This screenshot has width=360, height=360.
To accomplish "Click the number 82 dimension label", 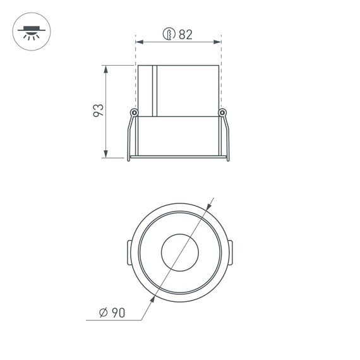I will click(x=185, y=35).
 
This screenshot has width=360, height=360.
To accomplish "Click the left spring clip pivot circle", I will click(x=134, y=113).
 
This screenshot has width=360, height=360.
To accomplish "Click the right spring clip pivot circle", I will click(x=222, y=113).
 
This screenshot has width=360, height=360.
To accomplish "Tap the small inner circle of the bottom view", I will click(x=179, y=253).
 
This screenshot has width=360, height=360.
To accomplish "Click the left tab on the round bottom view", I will click(x=128, y=253).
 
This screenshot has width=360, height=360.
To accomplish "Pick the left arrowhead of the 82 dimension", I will click(x=139, y=42).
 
